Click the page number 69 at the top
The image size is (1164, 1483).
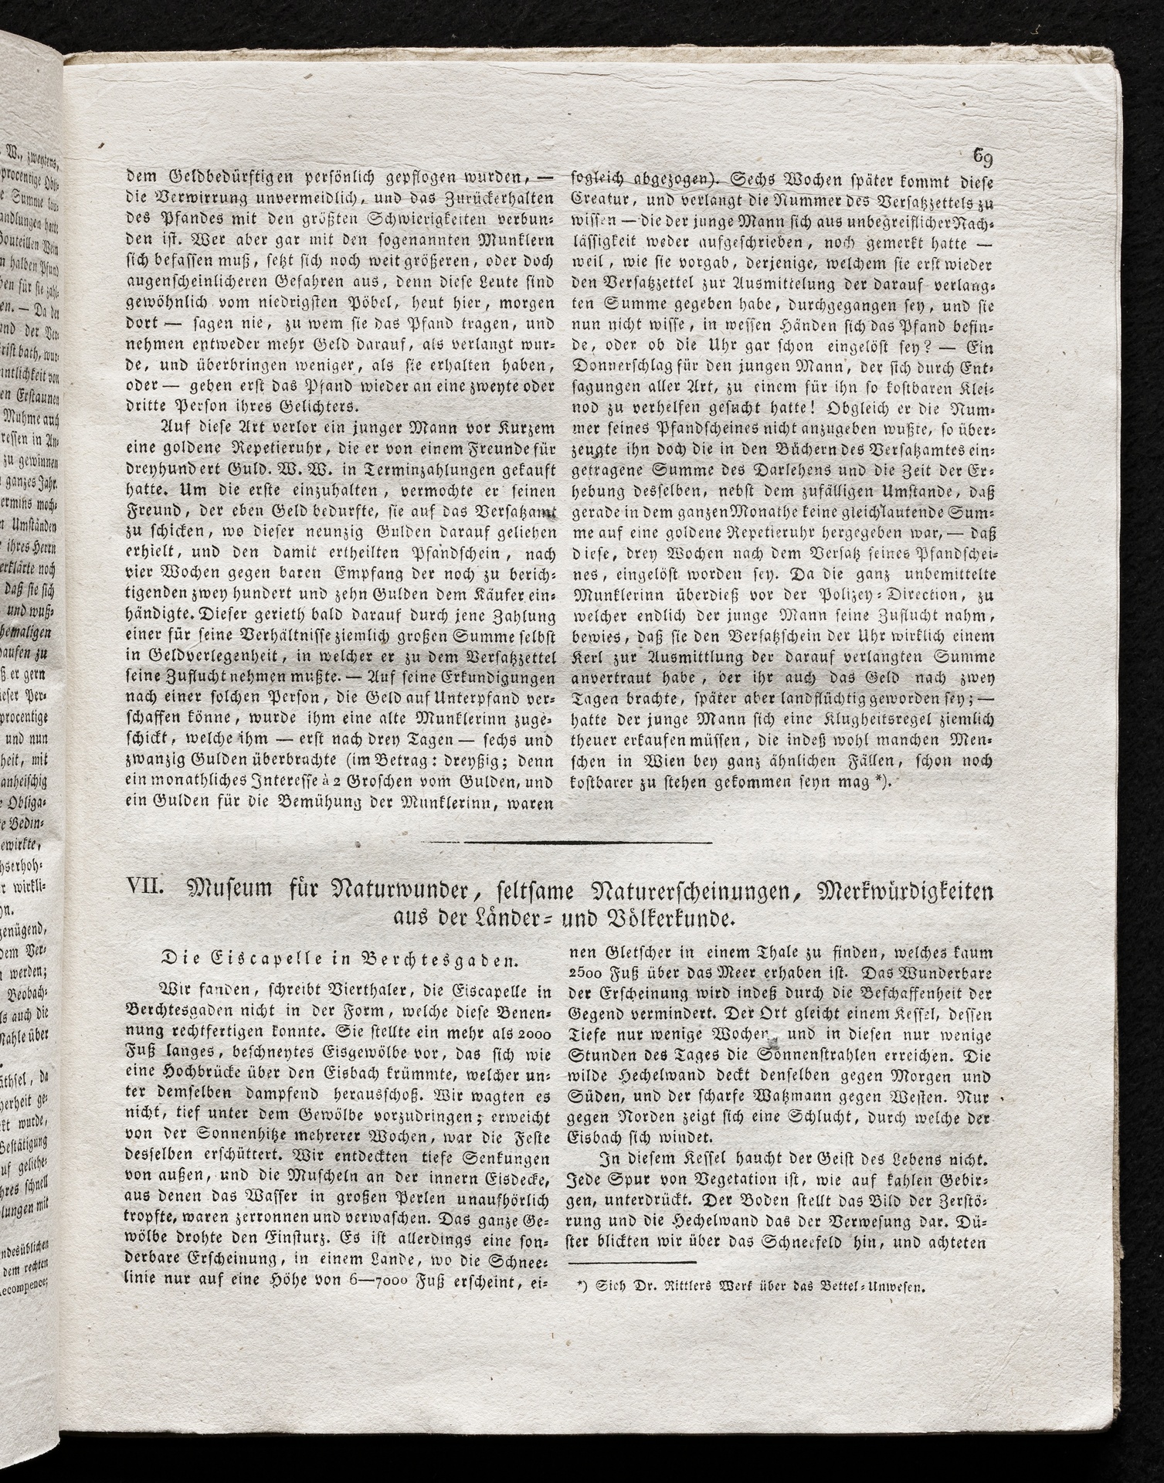pos(982,158)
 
